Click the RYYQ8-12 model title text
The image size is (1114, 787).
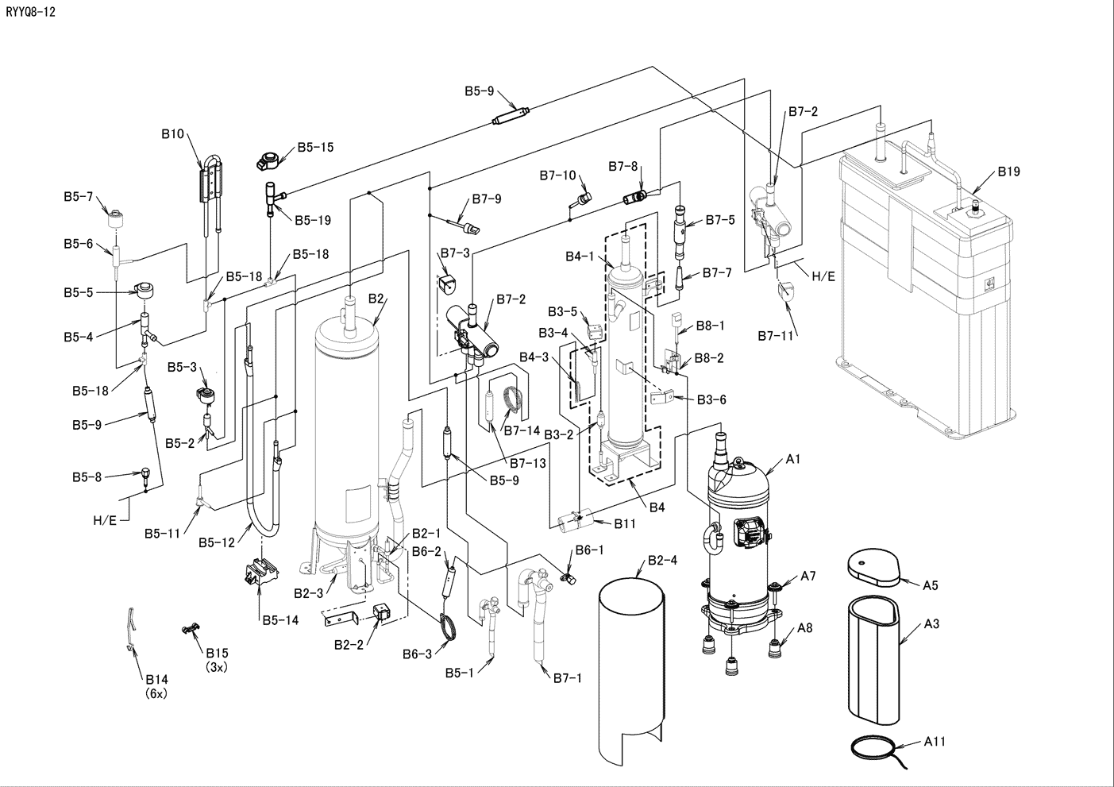[30, 12]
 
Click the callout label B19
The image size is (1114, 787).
[1008, 172]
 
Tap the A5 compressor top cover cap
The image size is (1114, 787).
[873, 567]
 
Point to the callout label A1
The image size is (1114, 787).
[792, 459]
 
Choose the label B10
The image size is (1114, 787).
[172, 134]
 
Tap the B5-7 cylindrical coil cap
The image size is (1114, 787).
[116, 219]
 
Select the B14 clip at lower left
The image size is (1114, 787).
[131, 628]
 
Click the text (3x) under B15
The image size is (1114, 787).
[217, 667]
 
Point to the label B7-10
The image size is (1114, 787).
[557, 176]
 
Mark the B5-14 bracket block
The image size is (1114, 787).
[260, 571]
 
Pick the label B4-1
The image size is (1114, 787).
[580, 257]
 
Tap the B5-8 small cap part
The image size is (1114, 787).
[145, 473]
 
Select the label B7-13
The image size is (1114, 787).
[528, 463]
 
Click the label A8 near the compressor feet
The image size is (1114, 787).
[804, 628]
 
